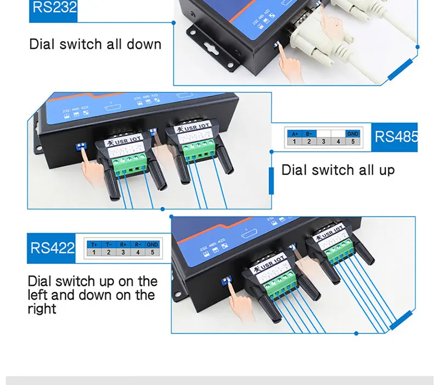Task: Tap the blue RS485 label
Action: [396, 136]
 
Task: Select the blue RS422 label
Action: [52, 248]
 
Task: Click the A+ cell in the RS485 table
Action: [295, 134]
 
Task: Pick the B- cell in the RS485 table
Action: [309, 134]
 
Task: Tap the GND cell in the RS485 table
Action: [352, 134]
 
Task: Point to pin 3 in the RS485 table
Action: [324, 142]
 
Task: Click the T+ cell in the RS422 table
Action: [94, 244]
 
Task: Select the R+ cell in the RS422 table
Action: [123, 244]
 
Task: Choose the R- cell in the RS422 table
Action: [137, 244]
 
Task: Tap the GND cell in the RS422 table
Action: [152, 244]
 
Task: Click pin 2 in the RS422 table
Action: [109, 252]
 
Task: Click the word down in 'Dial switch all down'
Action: [144, 44]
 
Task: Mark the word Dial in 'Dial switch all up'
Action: [294, 170]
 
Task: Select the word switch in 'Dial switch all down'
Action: [77, 44]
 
